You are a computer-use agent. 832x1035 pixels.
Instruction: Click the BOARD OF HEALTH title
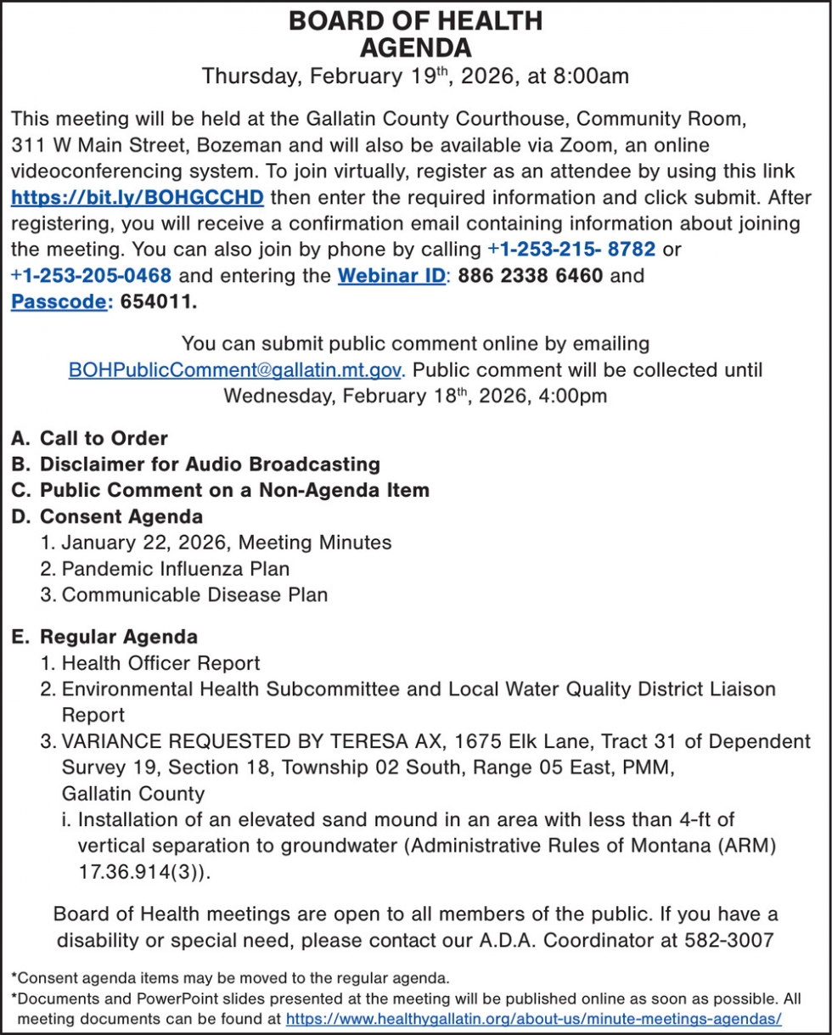click(415, 20)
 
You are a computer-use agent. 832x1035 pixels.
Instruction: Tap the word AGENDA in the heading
click(415, 47)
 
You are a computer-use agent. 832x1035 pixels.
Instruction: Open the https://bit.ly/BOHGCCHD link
click(138, 199)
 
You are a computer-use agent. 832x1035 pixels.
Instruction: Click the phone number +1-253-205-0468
click(92, 276)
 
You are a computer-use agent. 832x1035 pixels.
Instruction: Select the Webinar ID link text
click(391, 276)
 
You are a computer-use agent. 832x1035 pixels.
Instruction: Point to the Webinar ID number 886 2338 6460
click(530, 276)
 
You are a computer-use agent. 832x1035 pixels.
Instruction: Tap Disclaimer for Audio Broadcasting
click(210, 464)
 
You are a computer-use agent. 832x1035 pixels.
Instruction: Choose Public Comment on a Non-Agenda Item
click(234, 490)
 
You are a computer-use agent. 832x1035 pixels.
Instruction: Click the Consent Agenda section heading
click(121, 516)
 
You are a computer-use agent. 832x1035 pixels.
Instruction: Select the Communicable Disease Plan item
click(194, 594)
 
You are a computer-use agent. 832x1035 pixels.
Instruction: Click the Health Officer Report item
click(161, 662)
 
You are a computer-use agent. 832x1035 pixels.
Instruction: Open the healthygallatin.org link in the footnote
click(533, 1018)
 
